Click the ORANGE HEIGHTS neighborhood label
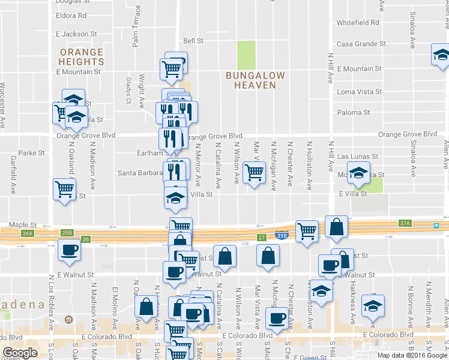click(x=81, y=57)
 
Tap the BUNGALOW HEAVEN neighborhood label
click(x=251, y=80)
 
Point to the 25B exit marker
click(x=67, y=232)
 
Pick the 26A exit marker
click(x=27, y=233)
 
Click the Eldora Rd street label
click(x=71, y=16)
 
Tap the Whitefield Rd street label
click(x=358, y=23)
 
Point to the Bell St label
click(x=193, y=41)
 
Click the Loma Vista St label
click(x=360, y=92)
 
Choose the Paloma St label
click(x=353, y=113)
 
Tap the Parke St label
click(x=32, y=153)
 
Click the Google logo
click(x=20, y=353)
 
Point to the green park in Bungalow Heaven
click(x=245, y=55)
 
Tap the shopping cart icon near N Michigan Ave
click(x=255, y=173)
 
